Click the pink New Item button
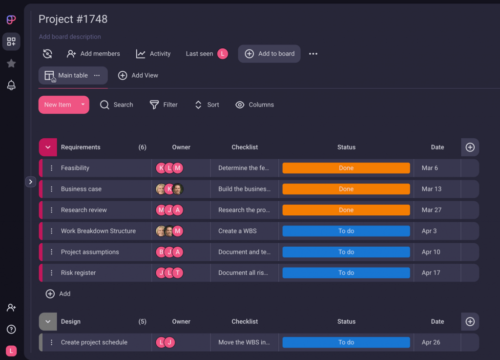(58, 105)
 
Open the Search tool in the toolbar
(116, 105)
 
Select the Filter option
(164, 105)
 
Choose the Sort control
(207, 105)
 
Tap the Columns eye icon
(240, 105)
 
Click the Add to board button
(269, 54)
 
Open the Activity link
(153, 54)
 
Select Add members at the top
(93, 54)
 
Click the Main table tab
(72, 75)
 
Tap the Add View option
(138, 75)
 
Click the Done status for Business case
(346, 189)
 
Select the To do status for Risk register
(346, 273)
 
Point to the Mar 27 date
(431, 210)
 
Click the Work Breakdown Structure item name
(98, 231)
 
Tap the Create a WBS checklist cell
(237, 231)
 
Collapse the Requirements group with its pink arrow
(48, 147)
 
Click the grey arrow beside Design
(48, 321)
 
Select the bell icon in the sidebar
(11, 85)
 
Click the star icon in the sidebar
(11, 64)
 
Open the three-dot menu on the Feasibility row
(51, 168)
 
